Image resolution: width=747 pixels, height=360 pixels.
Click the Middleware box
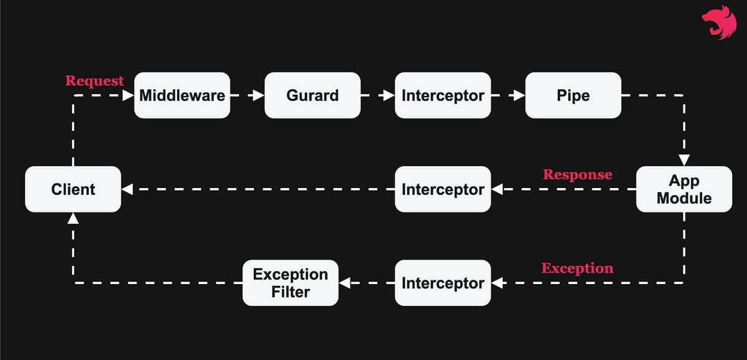(x=182, y=95)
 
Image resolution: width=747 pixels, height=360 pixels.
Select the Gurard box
(x=312, y=95)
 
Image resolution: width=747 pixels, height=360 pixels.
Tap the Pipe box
(x=573, y=95)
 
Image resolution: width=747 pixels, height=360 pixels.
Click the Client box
(x=73, y=189)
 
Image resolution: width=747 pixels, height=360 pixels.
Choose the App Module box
(x=684, y=189)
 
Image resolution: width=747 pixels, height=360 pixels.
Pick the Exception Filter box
(x=290, y=283)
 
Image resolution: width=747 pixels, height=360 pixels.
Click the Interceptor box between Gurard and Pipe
(x=443, y=95)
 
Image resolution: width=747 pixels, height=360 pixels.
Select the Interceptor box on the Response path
(x=443, y=189)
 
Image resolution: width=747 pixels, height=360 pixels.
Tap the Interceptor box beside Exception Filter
(x=443, y=283)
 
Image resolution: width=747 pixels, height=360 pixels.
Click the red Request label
(x=95, y=81)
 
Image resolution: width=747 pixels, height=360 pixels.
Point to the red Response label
(x=577, y=174)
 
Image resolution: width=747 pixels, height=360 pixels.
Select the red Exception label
(x=577, y=268)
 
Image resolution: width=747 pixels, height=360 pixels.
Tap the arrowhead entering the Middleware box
(x=128, y=95)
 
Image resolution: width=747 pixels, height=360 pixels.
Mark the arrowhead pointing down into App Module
(x=684, y=160)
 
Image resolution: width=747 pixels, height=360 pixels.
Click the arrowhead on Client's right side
(x=127, y=189)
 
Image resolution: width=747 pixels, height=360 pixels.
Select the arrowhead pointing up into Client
(x=73, y=218)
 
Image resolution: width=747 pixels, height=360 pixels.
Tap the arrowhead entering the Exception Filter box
(x=344, y=283)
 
